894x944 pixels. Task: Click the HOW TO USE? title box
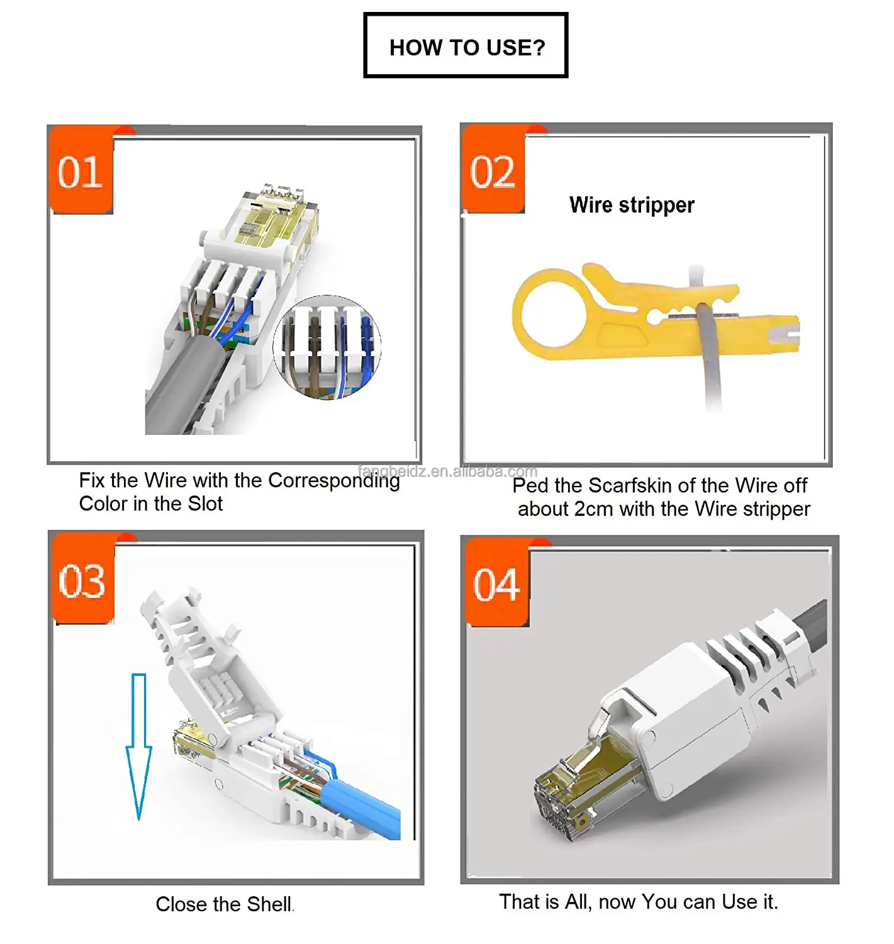[x=466, y=46]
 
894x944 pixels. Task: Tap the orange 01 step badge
[x=81, y=171]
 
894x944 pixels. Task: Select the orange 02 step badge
[x=493, y=171]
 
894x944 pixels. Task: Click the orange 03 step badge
[x=82, y=580]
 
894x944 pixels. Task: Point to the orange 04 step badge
[x=496, y=584]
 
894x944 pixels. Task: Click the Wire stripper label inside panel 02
[x=631, y=205]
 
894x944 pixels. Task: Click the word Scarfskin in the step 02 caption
[x=630, y=486]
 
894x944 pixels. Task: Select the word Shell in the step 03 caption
[x=269, y=904]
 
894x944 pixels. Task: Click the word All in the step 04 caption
[x=578, y=902]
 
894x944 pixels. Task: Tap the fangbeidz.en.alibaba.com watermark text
[x=448, y=471]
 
